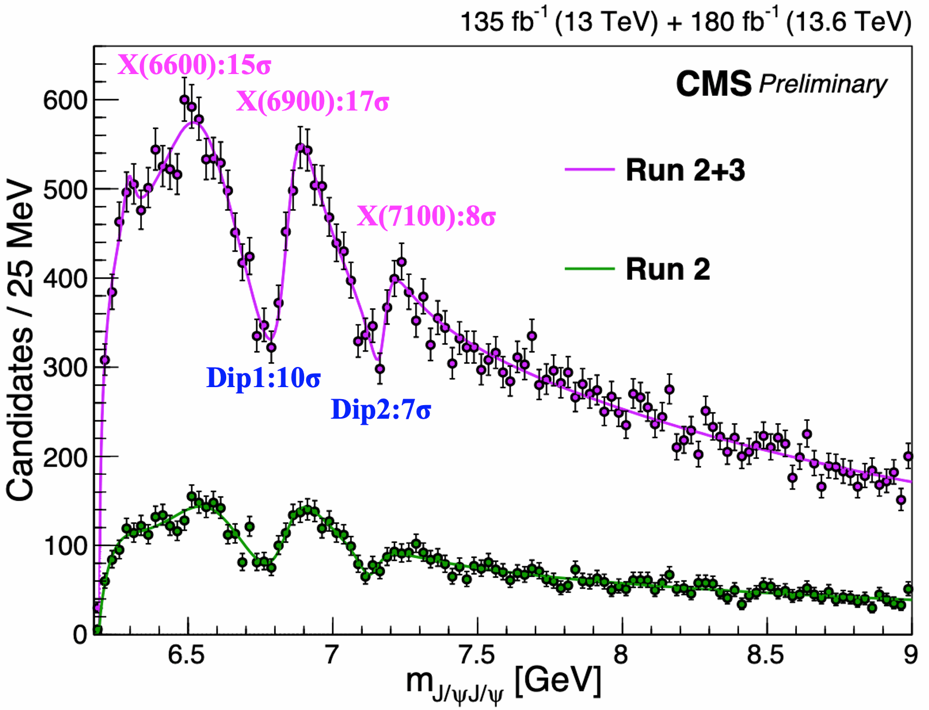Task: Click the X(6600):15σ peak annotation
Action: click(x=194, y=66)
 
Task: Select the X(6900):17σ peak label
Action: click(x=312, y=102)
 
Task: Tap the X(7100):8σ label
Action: click(x=426, y=216)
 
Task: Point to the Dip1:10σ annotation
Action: click(x=263, y=378)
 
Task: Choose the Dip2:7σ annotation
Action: click(x=381, y=409)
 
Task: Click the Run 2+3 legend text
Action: click(x=685, y=170)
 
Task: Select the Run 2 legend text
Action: click(x=668, y=269)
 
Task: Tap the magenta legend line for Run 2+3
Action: click(x=590, y=169)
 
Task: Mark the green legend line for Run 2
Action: click(x=590, y=268)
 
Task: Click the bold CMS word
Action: click(x=713, y=84)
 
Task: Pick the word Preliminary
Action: click(x=823, y=84)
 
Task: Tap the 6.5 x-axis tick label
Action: click(x=187, y=655)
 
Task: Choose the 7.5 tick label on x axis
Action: click(x=476, y=655)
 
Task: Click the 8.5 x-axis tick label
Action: click(x=766, y=655)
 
